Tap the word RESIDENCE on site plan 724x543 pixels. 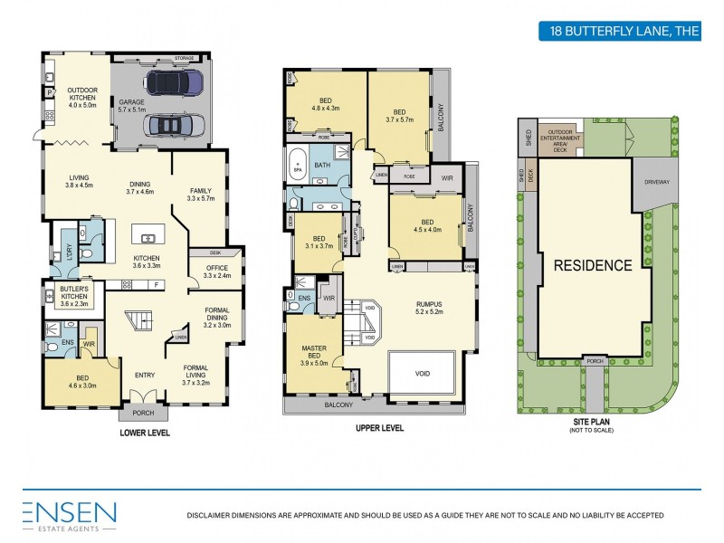click(x=593, y=265)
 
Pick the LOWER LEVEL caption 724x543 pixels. click(x=145, y=433)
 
